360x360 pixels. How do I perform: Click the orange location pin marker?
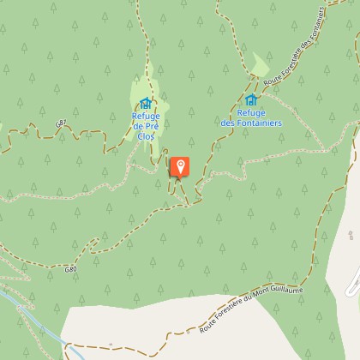point(180,167)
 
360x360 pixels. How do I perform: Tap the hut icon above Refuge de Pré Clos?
point(146,104)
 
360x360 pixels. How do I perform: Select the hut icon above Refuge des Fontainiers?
point(251,100)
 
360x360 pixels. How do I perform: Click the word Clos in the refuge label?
point(146,135)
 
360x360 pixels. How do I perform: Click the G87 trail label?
point(60,124)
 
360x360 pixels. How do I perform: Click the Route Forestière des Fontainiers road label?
point(293,47)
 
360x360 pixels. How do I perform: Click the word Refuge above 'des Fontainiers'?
point(251,112)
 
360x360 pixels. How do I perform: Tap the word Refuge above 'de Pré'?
point(146,116)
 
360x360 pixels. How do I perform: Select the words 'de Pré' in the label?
point(146,126)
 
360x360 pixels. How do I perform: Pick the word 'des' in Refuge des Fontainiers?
point(228,123)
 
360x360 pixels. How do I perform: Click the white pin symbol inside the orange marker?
point(180,165)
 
